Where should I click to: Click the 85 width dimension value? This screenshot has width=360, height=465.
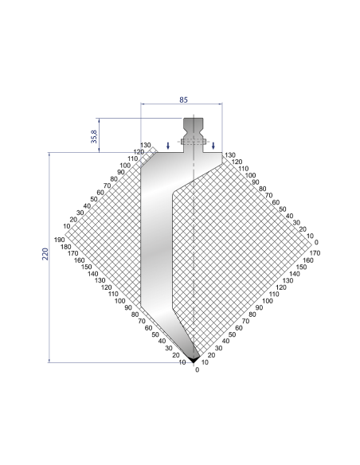pos(183,100)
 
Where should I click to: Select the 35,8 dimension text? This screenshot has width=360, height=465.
pos(94,136)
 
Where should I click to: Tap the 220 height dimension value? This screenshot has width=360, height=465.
pos(45,254)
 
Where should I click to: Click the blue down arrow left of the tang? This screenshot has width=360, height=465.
pos(168,145)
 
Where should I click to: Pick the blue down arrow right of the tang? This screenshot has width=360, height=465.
pos(213,145)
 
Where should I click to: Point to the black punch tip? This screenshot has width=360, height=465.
pos(194,359)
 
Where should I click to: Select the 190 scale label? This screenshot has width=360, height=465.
pos(60,240)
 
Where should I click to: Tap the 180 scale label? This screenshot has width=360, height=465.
pos(66,247)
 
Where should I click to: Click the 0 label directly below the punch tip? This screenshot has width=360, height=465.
pos(198,369)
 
